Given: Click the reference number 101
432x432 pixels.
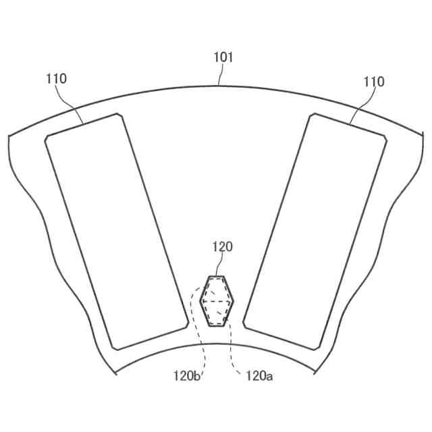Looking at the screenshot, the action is point(223,57).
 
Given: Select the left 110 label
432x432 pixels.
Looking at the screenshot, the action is point(57,79).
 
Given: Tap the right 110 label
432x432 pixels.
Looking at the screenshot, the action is point(374,82).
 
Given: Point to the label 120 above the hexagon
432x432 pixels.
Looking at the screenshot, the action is point(223,247).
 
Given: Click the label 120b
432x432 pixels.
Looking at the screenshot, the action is point(186,375).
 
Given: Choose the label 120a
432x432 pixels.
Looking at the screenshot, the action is point(259,375).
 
